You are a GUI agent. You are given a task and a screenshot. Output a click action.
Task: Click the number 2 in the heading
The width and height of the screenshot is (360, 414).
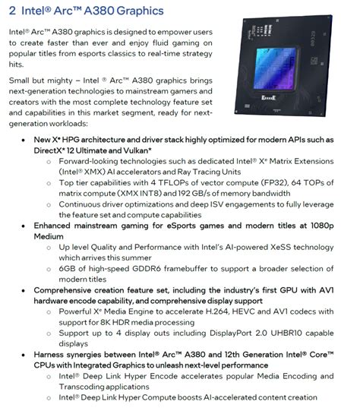click(13, 10)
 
